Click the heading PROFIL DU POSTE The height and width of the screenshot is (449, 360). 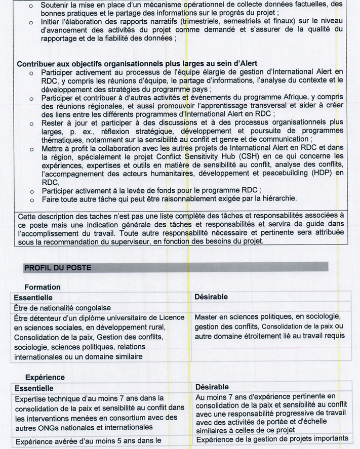tap(58, 268)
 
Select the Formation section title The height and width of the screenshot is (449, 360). tap(42, 287)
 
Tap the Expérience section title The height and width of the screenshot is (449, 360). tap(45, 377)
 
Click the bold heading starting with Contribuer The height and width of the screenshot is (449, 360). tap(137, 64)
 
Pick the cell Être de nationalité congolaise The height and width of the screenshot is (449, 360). tap(62, 307)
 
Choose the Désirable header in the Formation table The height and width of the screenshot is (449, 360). tap(211, 297)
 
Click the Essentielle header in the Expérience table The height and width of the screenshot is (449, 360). tap(34, 388)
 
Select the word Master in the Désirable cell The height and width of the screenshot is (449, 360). tap(207, 317)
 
